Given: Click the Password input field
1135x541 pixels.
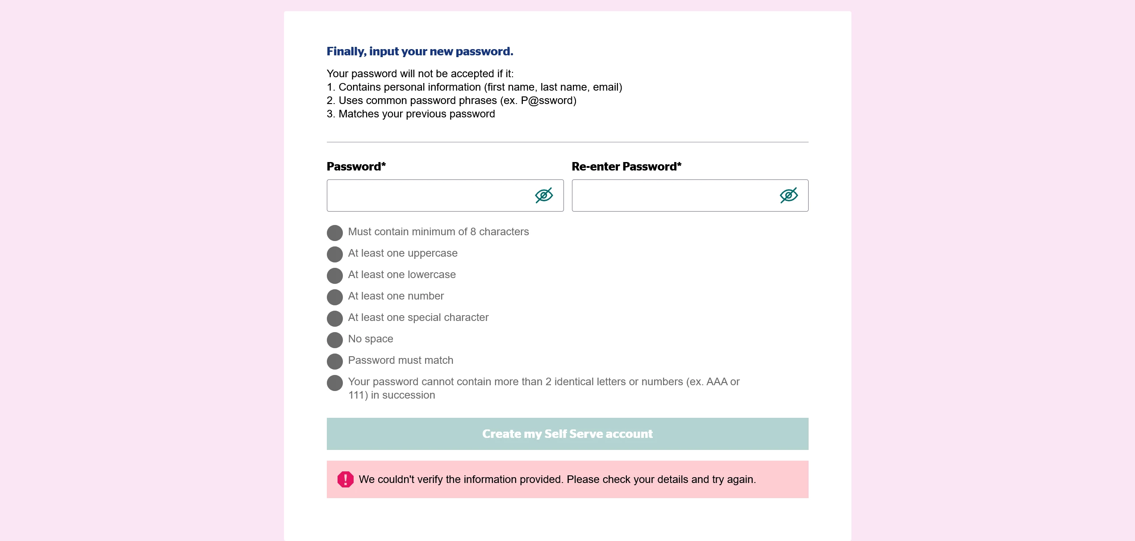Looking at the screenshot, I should [429, 196].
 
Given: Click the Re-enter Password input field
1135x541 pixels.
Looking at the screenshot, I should [674, 196].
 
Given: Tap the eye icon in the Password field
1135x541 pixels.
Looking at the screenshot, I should [544, 196].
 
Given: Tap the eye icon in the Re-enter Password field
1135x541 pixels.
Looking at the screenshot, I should [789, 196].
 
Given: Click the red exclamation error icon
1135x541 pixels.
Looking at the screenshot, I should [345, 479].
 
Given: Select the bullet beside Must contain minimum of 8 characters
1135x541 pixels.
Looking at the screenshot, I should [335, 233].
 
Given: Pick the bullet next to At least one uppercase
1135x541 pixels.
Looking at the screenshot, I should [335, 254].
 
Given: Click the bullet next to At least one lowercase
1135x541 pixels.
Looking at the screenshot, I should [335, 275].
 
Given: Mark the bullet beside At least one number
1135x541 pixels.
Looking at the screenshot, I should [335, 297].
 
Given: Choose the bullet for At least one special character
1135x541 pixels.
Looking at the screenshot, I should [335, 318].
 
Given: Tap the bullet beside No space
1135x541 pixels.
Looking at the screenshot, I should [335, 340].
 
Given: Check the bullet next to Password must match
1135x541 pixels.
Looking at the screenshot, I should [335, 361].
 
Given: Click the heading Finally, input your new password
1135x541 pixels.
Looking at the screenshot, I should [420, 52].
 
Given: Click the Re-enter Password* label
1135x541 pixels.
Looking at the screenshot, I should [626, 167].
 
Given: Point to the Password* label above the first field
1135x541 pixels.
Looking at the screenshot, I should [356, 167].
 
